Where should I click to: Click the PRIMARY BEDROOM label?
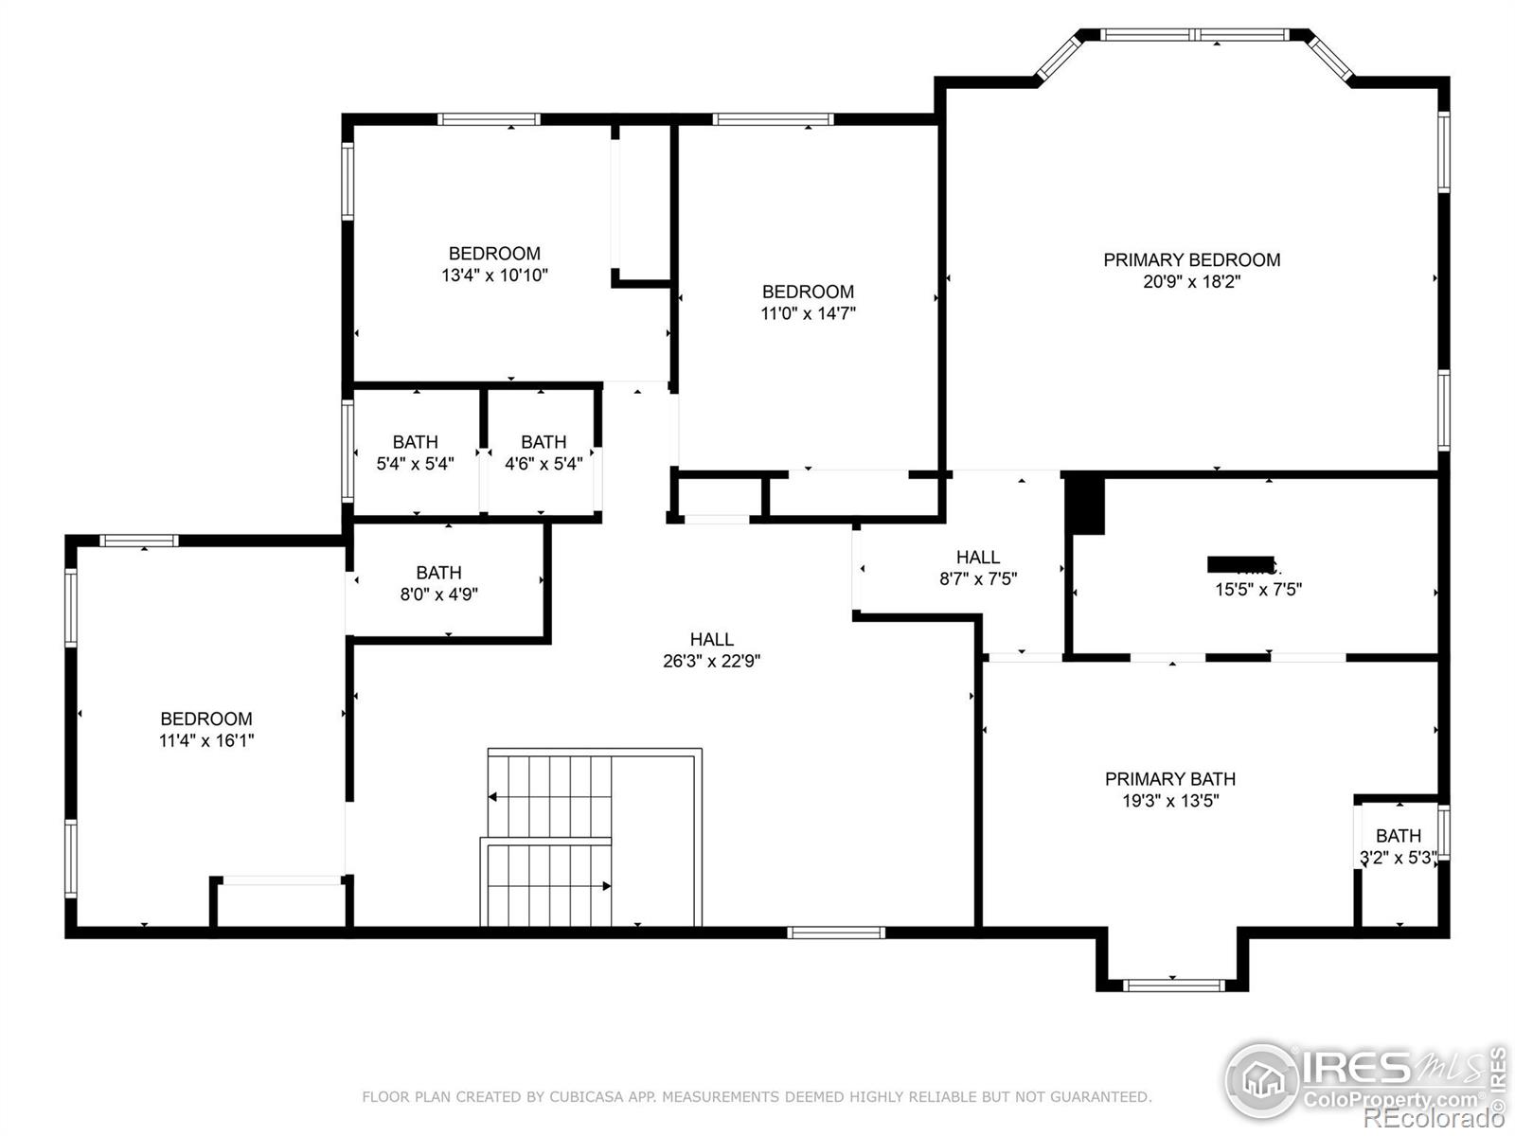click(x=1191, y=259)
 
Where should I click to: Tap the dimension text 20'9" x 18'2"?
click(x=1191, y=282)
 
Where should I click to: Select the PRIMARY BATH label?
click(x=1170, y=779)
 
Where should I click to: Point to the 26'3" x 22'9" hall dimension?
click(x=711, y=662)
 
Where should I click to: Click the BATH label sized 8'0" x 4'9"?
click(x=438, y=573)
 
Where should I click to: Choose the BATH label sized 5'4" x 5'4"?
click(x=415, y=442)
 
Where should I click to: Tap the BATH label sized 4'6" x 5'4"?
click(x=544, y=442)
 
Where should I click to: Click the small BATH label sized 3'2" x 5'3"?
click(x=1398, y=836)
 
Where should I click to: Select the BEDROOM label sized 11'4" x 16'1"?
click(x=205, y=719)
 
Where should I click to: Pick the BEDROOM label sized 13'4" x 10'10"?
click(x=494, y=254)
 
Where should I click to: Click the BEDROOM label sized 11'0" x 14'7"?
click(x=808, y=292)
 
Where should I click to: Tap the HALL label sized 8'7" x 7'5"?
click(x=978, y=558)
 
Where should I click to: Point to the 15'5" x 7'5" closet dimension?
click(x=1258, y=590)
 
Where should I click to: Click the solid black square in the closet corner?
click(x=1086, y=505)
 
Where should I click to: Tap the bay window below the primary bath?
click(x=1173, y=985)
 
